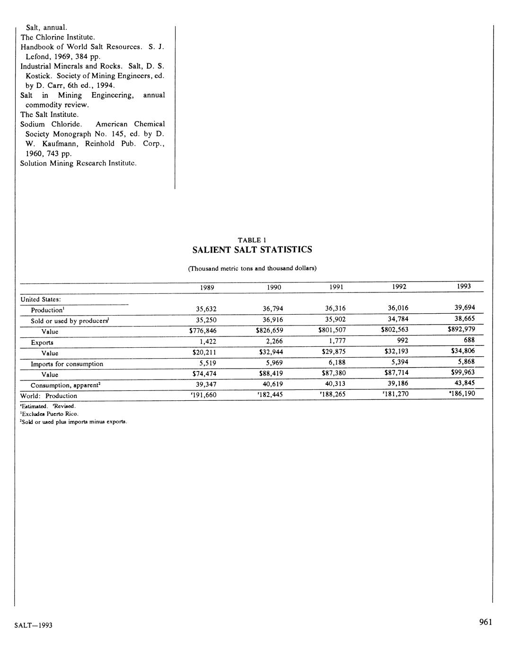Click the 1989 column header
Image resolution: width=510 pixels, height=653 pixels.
(206, 288)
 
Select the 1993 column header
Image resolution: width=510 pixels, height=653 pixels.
(464, 286)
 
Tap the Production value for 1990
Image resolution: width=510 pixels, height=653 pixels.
(273, 309)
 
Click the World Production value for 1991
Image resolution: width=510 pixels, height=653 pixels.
(333, 394)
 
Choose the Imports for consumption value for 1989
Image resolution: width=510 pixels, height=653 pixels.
(206, 363)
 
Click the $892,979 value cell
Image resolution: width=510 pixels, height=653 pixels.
(461, 329)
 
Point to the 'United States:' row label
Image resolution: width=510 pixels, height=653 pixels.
(41, 299)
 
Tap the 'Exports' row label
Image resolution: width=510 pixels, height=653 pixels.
(42, 343)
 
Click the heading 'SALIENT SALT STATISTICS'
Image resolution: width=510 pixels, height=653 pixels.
(252, 250)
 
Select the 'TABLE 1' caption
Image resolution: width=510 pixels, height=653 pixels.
(252, 240)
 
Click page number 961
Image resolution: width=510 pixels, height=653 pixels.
(485, 622)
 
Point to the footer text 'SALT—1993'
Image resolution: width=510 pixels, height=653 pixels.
(33, 625)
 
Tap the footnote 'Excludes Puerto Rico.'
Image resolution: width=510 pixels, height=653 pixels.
(49, 414)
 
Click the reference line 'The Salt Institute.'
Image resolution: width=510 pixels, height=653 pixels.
(49, 115)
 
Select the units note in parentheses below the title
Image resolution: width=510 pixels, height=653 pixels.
(252, 268)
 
